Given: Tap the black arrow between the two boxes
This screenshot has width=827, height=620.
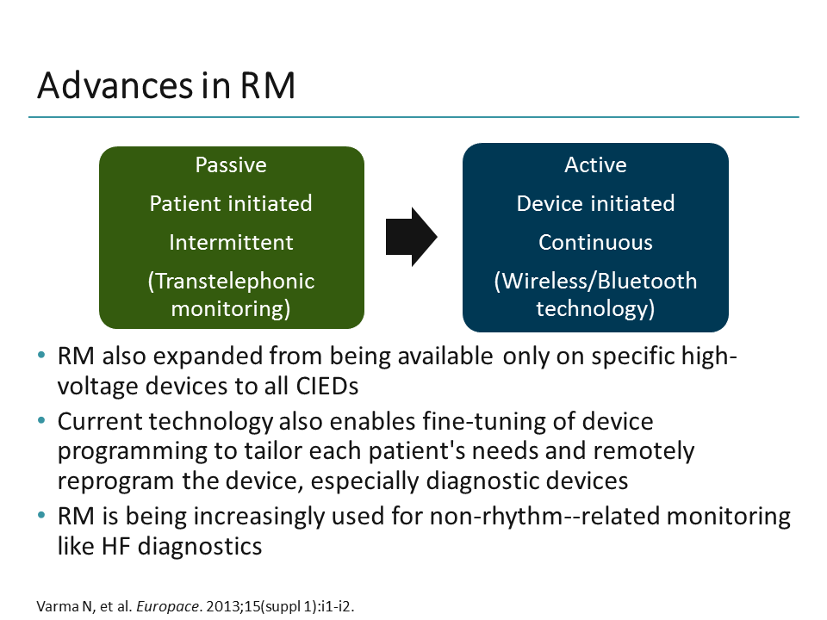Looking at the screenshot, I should (x=411, y=236).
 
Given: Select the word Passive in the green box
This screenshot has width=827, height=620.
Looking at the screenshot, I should (x=231, y=164).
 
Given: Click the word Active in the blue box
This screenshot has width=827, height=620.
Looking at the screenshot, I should (x=595, y=164).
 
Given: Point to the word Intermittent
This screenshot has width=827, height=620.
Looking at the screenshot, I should (x=231, y=242).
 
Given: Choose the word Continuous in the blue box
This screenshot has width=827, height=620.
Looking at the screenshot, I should (x=595, y=242).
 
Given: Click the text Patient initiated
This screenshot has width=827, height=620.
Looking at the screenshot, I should (x=231, y=203).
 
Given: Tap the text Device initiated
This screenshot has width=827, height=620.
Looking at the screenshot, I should (x=595, y=203).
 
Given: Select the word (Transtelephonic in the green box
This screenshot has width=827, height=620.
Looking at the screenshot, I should (x=231, y=281).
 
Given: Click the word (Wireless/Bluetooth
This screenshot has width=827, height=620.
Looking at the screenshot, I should (x=595, y=281).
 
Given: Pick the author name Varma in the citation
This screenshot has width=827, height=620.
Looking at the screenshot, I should (x=53, y=606).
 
